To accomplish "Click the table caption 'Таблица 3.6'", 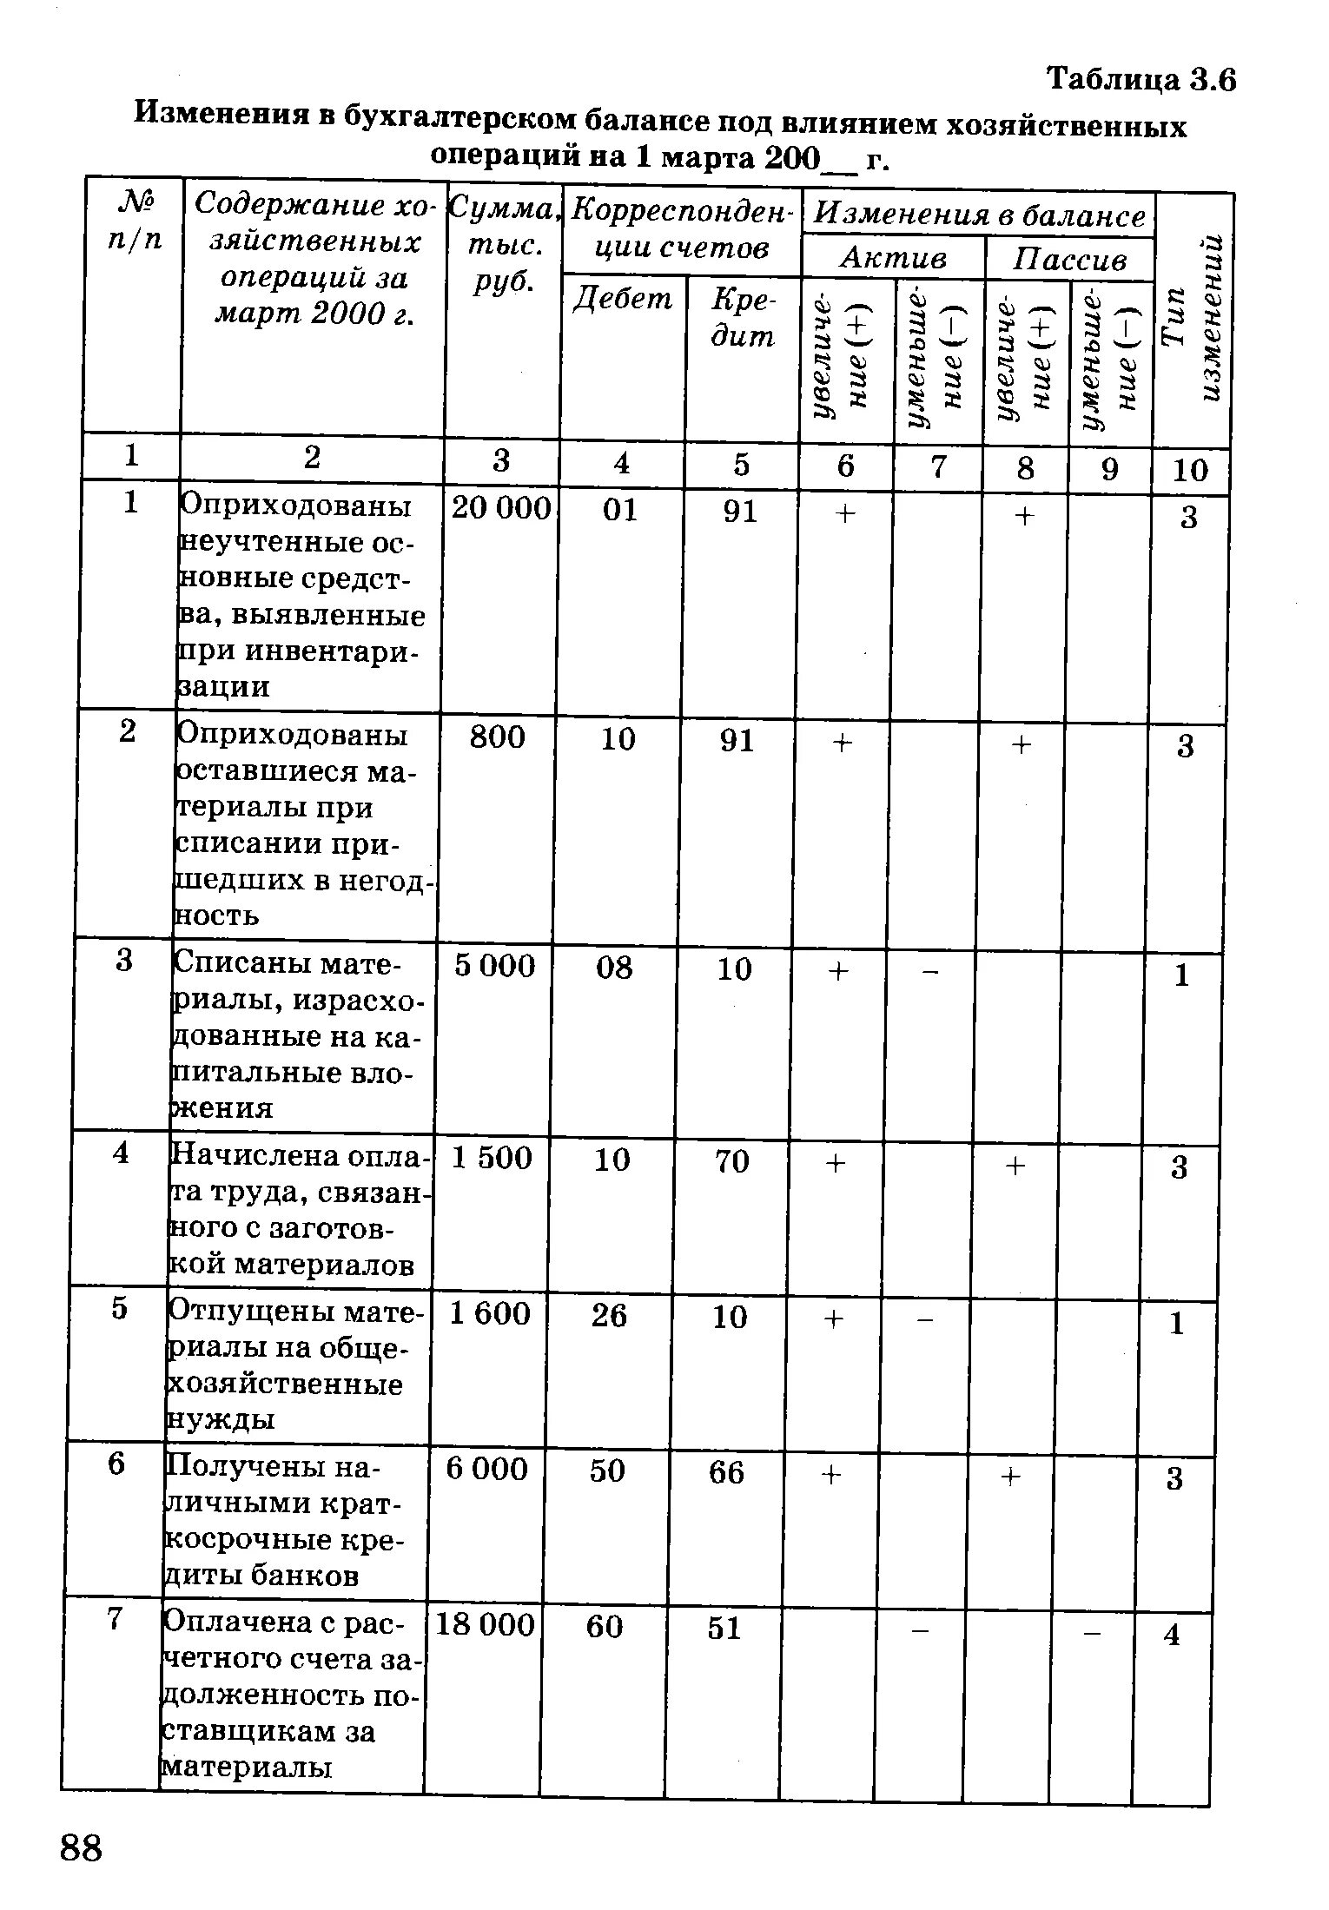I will tap(1141, 80).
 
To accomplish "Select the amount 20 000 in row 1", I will tap(501, 509).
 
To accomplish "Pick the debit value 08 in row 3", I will tap(614, 968).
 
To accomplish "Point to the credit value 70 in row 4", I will tap(731, 1161).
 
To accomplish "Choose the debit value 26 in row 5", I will tap(609, 1317).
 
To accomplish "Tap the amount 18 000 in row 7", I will tap(484, 1624).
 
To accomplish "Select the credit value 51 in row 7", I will tap(724, 1628).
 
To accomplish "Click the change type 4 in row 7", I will tap(1172, 1636).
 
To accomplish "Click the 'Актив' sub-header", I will tap(894, 258).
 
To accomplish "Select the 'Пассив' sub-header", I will tap(1070, 260).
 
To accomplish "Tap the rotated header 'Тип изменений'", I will tap(1193, 319).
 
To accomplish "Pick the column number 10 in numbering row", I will tap(1190, 471).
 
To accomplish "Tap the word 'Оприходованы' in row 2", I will tap(293, 736).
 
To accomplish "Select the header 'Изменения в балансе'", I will tap(982, 215).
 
